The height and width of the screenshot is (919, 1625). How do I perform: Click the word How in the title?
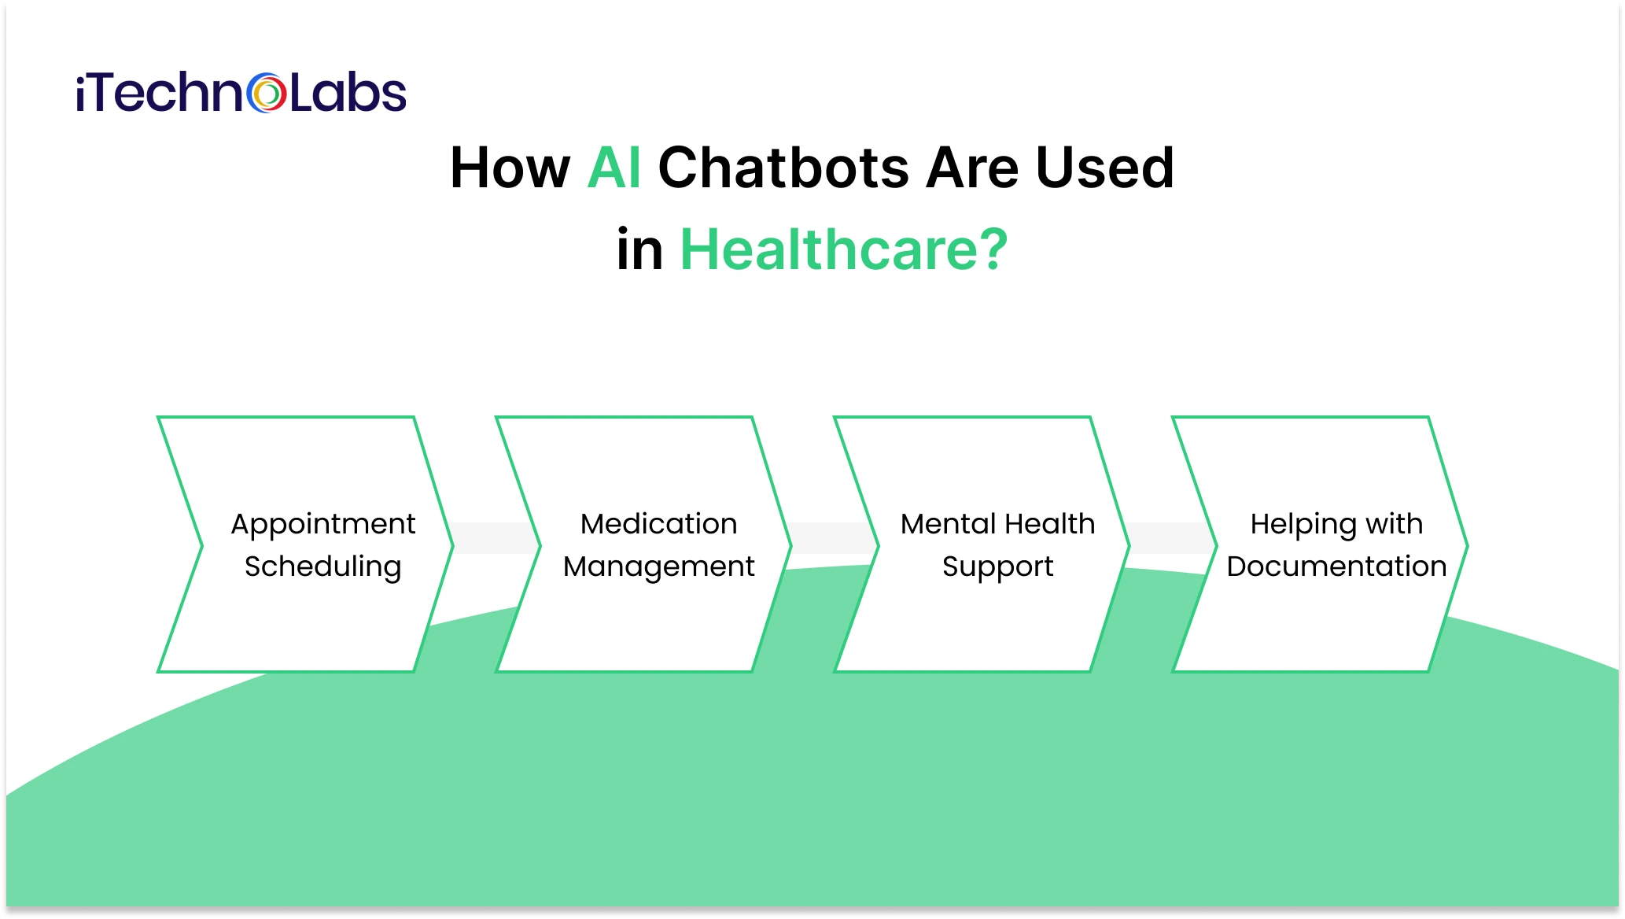click(510, 168)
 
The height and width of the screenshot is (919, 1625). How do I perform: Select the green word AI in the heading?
click(614, 168)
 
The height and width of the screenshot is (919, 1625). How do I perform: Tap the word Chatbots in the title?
click(783, 168)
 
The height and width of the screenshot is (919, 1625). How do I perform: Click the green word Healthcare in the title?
click(826, 250)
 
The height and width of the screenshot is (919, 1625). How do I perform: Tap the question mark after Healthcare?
click(993, 250)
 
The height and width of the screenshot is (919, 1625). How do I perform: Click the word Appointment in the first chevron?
click(322, 525)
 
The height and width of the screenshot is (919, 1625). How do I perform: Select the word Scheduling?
click(322, 567)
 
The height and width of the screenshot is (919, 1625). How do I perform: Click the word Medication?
click(658, 524)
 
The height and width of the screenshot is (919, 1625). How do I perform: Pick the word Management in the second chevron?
click(658, 567)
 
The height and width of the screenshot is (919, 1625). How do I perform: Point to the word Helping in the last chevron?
click(1303, 525)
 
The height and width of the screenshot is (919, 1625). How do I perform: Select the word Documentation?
click(1336, 567)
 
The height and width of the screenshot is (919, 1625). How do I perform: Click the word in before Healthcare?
click(639, 250)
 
